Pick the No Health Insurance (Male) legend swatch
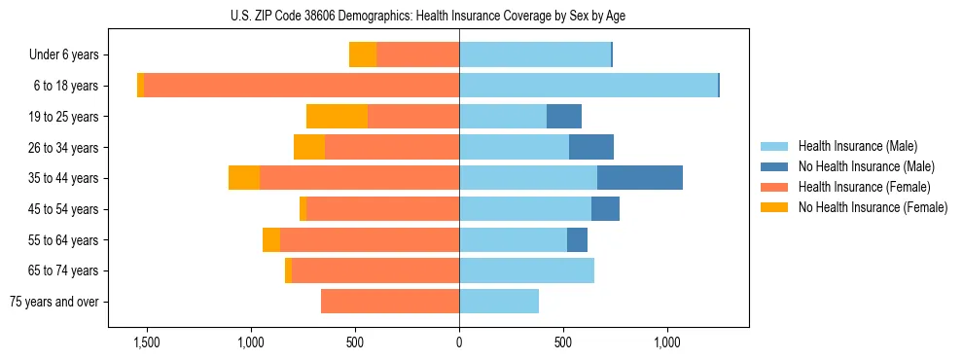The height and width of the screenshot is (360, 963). [776, 166]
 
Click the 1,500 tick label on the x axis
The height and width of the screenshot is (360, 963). [147, 342]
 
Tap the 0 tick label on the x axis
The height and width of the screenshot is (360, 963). [459, 342]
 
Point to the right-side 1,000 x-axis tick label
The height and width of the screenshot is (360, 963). [667, 342]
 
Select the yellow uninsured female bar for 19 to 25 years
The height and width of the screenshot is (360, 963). [337, 117]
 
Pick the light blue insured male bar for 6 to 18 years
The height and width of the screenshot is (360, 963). [588, 86]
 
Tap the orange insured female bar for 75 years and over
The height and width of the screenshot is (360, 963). [390, 302]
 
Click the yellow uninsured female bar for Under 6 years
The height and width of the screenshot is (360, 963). [363, 55]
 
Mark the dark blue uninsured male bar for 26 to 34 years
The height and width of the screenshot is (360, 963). [591, 147]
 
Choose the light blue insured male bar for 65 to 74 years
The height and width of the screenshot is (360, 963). [526, 270]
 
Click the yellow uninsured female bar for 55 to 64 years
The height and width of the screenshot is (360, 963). [271, 240]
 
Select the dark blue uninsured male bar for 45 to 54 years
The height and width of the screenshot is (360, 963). [605, 209]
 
